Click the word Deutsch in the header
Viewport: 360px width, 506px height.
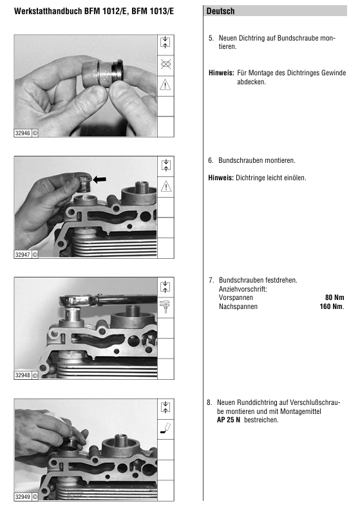tap(220, 12)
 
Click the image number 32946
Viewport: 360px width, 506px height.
tap(23, 133)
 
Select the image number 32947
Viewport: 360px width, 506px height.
tap(23, 255)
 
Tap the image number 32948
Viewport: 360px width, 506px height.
tap(23, 375)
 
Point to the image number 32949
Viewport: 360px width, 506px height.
tap(23, 497)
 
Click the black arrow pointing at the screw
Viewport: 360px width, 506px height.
tap(99, 180)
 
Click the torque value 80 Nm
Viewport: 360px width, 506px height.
tap(335, 297)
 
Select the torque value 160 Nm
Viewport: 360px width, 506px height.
tap(332, 306)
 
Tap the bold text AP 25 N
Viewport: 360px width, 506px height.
tap(229, 420)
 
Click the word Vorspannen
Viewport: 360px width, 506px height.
tap(236, 298)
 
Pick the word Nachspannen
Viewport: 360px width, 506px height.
tap(238, 307)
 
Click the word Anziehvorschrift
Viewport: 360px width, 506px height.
tap(243, 289)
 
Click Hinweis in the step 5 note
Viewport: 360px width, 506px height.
tap(221, 73)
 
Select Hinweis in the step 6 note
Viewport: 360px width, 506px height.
tap(221, 178)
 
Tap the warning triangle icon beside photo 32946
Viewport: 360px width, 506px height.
tap(166, 85)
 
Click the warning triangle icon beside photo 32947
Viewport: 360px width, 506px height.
tap(166, 187)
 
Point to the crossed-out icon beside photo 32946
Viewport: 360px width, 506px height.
tap(166, 64)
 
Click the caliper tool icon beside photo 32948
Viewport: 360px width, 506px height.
tap(166, 306)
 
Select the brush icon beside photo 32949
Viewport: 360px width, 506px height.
tap(166, 428)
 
